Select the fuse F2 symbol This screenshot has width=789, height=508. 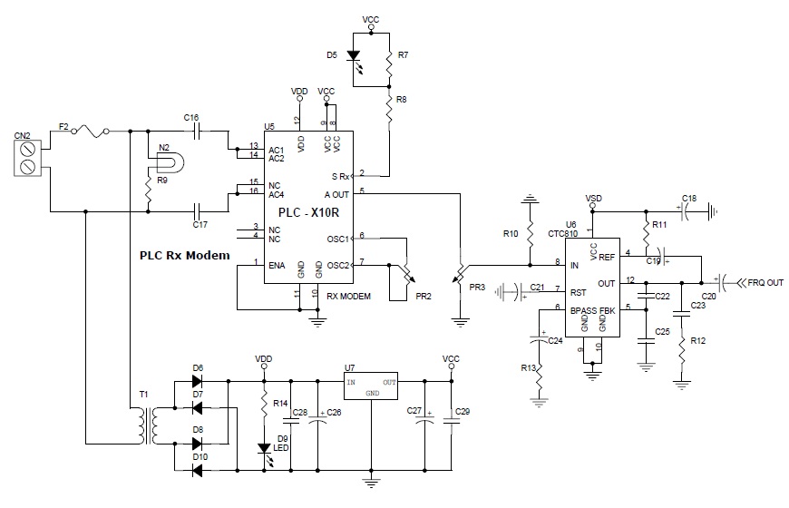[92, 132]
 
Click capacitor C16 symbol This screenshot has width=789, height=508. [191, 132]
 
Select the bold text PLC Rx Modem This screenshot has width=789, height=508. [184, 255]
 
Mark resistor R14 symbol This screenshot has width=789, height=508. [265, 402]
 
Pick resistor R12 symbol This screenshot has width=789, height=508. [680, 355]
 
